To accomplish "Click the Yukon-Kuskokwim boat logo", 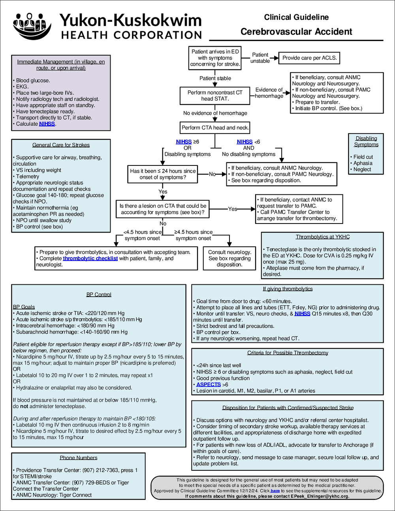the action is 32,26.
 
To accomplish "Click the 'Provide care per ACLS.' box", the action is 309,58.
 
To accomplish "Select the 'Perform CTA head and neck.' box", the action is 215,128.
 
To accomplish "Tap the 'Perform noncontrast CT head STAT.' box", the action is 215,96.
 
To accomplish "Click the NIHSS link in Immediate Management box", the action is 47,124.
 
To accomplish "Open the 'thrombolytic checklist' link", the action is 90,258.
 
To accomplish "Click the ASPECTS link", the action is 208,385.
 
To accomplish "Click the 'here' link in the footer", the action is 275,491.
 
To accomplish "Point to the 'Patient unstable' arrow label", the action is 260,58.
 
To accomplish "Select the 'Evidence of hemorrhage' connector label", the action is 269,93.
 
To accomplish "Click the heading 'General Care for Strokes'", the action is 61,145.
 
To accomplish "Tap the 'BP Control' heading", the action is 99,295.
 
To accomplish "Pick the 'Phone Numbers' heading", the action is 79,458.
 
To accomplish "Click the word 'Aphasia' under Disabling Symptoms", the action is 363,163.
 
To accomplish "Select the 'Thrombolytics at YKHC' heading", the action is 323,237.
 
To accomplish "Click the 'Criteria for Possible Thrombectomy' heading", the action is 288,353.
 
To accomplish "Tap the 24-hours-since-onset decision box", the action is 163,174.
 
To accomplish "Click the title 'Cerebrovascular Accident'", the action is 296,32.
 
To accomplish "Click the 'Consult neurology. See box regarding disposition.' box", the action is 229,258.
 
